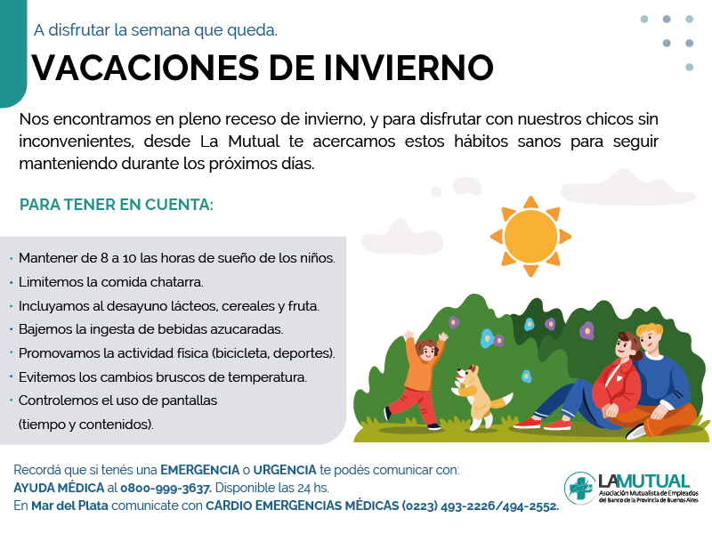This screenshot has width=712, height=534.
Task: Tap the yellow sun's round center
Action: point(530,236)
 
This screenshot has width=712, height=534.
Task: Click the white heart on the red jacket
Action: point(619,377)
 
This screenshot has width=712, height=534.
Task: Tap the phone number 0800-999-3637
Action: point(166,488)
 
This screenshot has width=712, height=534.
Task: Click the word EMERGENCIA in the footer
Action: point(199,470)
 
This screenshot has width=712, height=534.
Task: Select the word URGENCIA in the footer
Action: point(285,470)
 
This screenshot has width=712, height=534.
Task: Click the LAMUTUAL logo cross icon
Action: point(580,488)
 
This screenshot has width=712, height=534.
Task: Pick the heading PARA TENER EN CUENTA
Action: point(117,205)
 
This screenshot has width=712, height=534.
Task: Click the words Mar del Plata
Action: point(69,506)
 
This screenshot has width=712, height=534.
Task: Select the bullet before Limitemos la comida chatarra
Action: point(11,282)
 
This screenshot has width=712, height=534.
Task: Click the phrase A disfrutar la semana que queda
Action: point(156,30)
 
